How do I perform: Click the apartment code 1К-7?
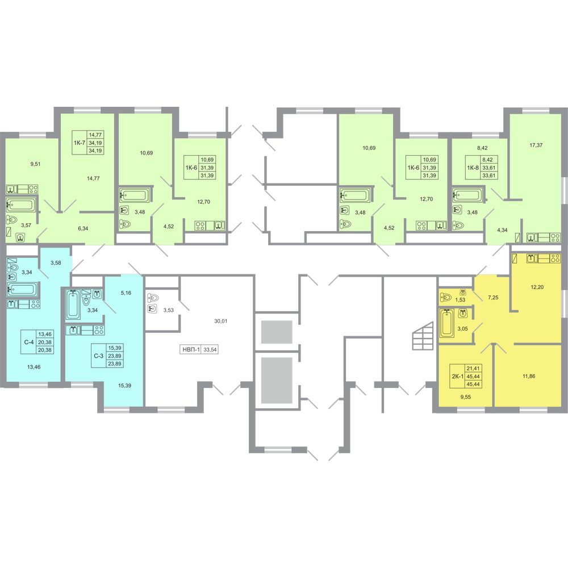click(x=80, y=143)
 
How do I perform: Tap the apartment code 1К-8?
click(x=473, y=168)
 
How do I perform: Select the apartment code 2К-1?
click(x=457, y=376)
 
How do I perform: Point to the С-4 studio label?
click(x=29, y=341)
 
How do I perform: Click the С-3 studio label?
click(x=98, y=356)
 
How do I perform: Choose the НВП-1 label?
click(x=190, y=350)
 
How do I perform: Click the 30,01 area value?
click(x=220, y=321)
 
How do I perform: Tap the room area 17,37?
click(x=536, y=145)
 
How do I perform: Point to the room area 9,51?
click(x=35, y=164)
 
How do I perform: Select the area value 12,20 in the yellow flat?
click(x=537, y=287)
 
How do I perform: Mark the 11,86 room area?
click(x=529, y=376)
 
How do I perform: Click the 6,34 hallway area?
click(x=83, y=228)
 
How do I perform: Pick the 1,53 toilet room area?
click(x=460, y=300)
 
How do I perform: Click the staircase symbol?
click(x=423, y=336)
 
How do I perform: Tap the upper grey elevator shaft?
click(x=277, y=332)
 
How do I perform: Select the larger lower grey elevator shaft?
click(x=277, y=381)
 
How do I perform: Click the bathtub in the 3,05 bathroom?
click(x=446, y=323)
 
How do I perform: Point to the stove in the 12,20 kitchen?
click(x=555, y=258)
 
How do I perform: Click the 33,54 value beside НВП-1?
click(x=211, y=350)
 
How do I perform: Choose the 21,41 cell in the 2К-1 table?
click(x=474, y=369)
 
